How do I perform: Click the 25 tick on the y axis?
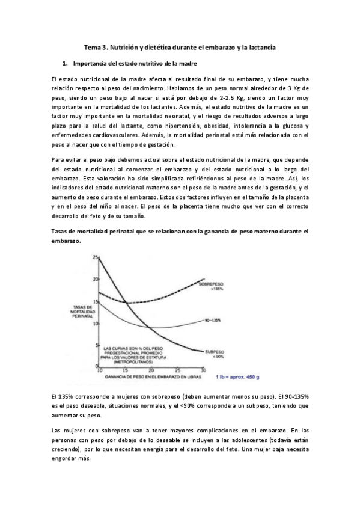point(94,257)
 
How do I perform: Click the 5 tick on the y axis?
point(96,345)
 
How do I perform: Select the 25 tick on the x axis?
point(177,370)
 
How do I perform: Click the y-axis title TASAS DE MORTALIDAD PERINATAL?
point(82,312)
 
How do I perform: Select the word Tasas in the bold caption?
point(61,231)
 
